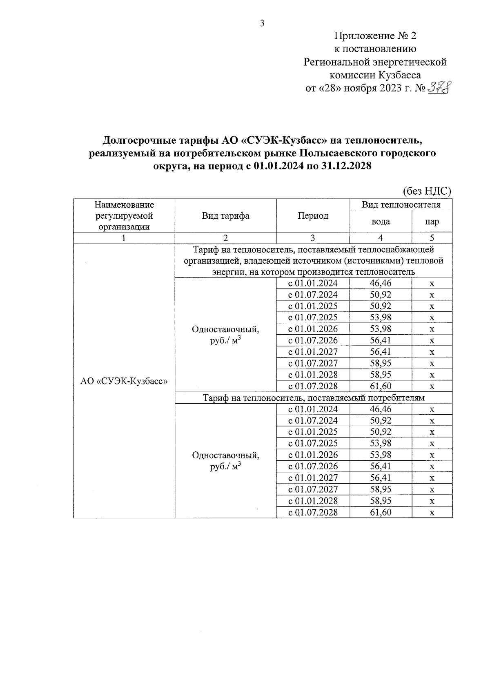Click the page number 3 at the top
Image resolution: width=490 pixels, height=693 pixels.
click(262, 23)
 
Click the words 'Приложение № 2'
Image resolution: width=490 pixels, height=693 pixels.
click(375, 36)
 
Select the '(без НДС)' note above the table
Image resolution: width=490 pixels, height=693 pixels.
click(427, 191)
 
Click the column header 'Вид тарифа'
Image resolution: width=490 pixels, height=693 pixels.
click(225, 216)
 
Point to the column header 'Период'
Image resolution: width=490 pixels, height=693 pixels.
click(313, 216)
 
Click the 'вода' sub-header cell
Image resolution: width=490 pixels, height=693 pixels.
click(381, 222)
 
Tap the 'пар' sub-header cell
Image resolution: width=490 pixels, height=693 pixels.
click(432, 222)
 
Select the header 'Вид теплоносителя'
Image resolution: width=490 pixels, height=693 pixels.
click(401, 204)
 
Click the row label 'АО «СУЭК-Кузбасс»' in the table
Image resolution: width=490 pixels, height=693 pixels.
click(124, 381)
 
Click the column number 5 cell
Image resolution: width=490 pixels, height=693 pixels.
click(432, 238)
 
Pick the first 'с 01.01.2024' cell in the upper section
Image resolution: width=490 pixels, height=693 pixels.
click(313, 283)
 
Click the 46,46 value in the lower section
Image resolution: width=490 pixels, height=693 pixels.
click(381, 409)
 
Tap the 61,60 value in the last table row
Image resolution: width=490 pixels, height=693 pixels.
click(381, 512)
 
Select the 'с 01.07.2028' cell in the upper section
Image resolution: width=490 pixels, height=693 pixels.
click(313, 386)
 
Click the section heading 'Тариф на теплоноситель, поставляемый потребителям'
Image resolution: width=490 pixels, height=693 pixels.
click(314, 398)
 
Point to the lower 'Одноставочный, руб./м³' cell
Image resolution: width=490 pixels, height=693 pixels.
click(225, 460)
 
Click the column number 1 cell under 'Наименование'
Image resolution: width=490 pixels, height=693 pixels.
click(124, 238)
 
